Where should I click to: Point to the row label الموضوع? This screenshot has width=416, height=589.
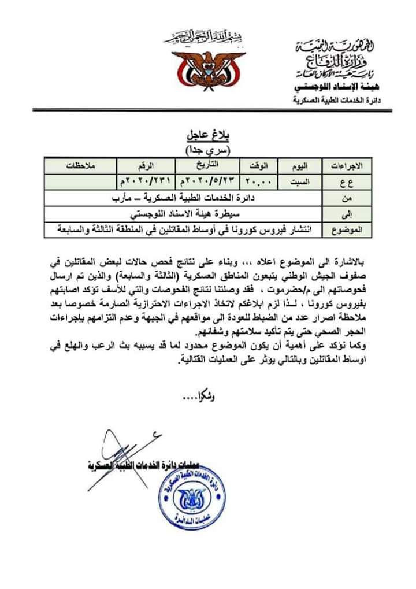348,229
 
